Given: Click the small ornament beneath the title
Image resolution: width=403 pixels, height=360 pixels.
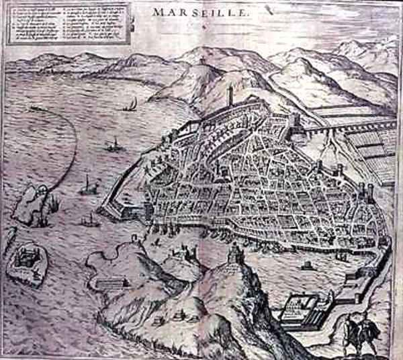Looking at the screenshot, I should coord(201,26).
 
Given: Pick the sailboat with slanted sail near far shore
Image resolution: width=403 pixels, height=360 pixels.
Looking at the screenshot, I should coord(132,104).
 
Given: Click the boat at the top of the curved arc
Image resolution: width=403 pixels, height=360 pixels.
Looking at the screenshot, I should coord(34,107).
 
